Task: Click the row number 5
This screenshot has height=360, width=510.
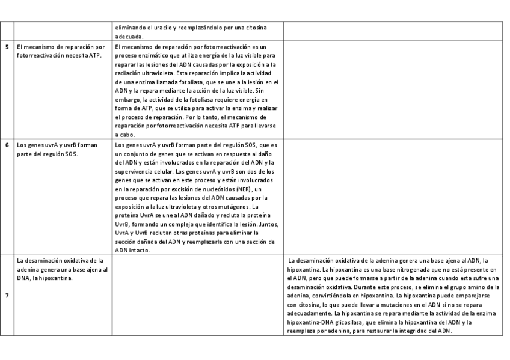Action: (7, 47)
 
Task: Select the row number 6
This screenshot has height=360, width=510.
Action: (7, 145)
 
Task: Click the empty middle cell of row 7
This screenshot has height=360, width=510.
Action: (198, 295)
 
